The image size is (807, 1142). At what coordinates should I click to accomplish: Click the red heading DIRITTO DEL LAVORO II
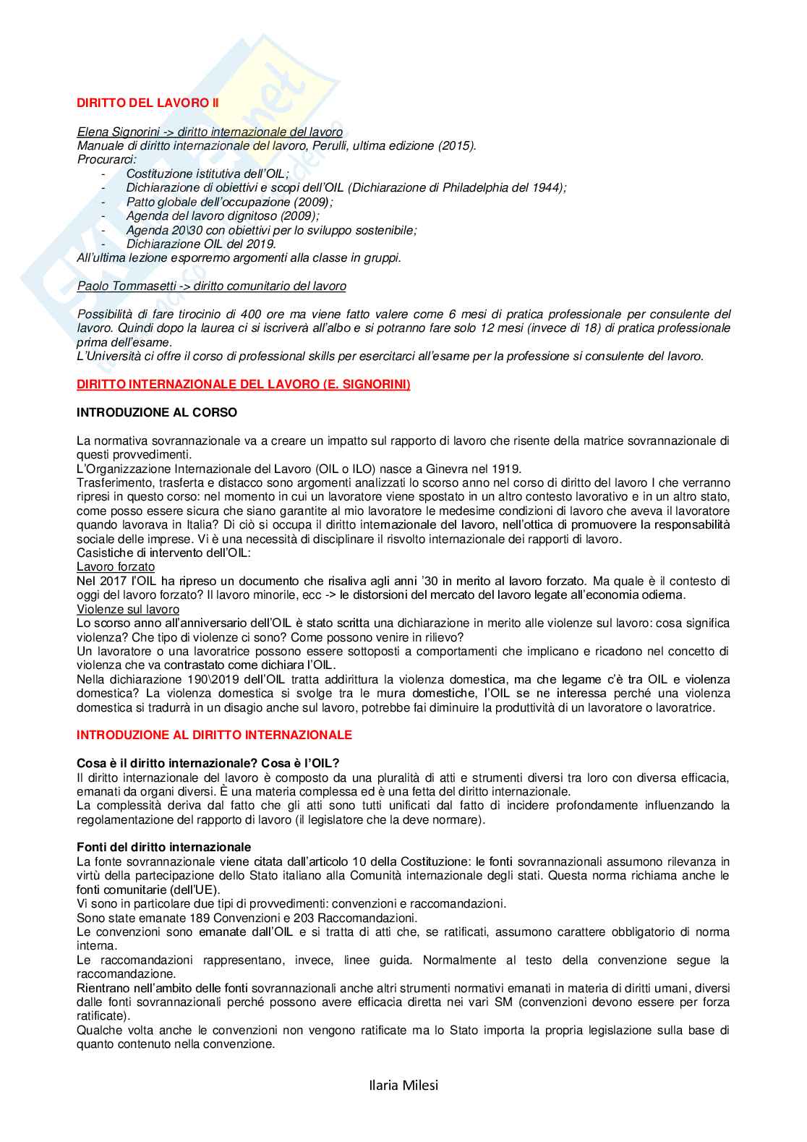pos(148,103)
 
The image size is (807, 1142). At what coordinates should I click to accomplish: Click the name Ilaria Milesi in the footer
pos(403,1085)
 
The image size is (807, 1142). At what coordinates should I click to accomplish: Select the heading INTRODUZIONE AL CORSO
pos(157,412)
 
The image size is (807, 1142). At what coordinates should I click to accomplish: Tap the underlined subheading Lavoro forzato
pos(116,567)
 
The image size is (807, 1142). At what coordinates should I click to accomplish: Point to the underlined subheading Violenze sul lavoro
pos(128,609)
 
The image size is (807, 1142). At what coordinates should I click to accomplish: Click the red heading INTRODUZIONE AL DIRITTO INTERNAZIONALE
pos(214,735)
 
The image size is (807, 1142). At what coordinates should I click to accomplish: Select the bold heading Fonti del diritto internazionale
pos(164,847)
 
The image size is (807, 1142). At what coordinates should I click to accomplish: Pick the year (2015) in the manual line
pos(456,145)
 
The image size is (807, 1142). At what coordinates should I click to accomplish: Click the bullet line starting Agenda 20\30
pos(271,230)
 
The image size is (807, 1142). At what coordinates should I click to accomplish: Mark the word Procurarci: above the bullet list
pos(106,159)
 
